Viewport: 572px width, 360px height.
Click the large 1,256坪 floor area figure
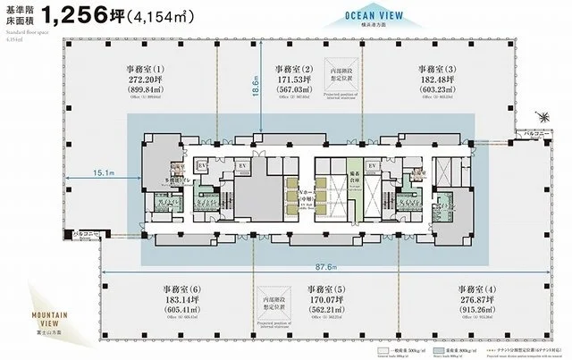(96, 17)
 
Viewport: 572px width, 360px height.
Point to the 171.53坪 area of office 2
(292, 82)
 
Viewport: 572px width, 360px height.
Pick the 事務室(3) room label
(437, 70)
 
